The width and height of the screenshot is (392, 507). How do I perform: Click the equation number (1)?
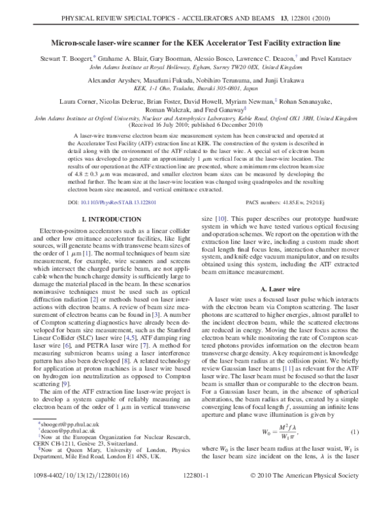[353, 433]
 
